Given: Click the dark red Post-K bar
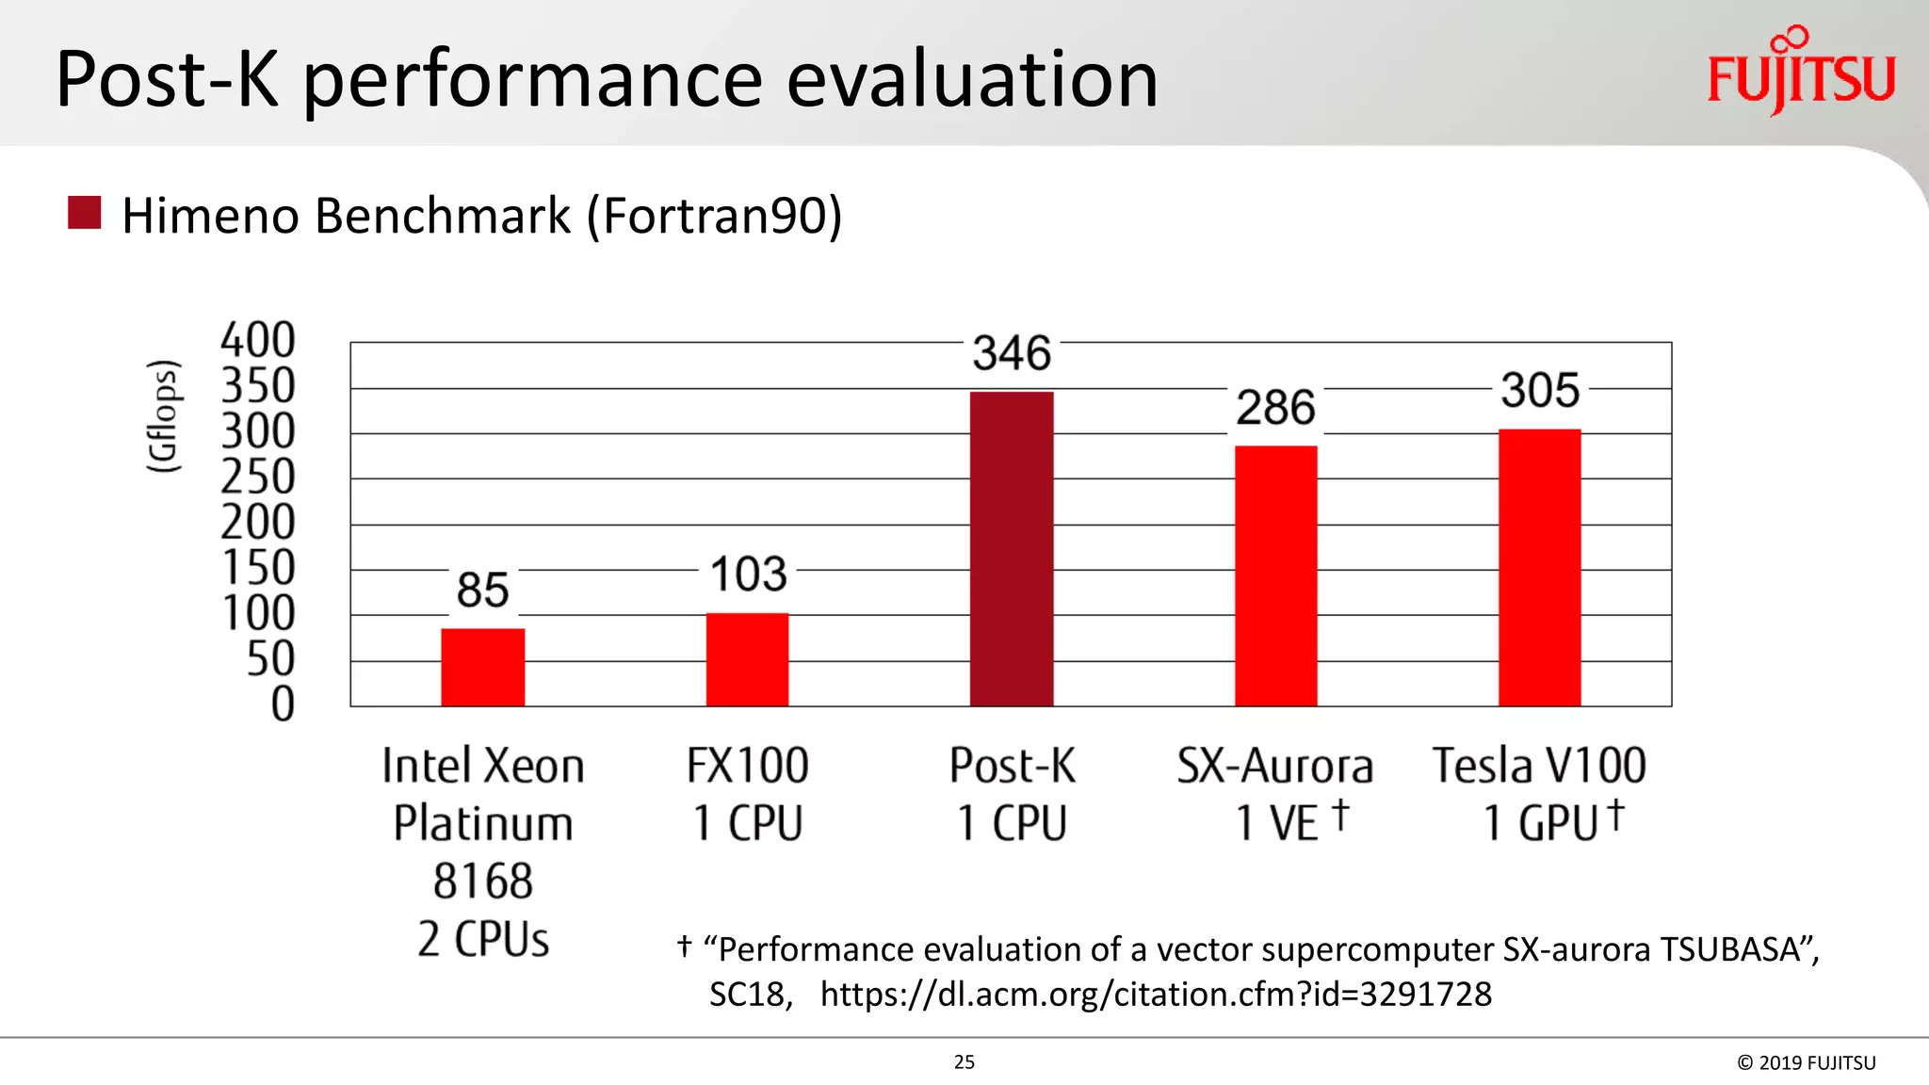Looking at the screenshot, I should click(x=1012, y=548).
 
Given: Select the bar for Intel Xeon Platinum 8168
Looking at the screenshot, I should click(x=482, y=667).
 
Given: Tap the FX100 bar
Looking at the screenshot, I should click(x=747, y=659).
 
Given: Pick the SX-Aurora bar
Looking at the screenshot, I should click(x=1275, y=575).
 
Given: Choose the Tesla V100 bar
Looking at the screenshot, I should click(x=1539, y=567).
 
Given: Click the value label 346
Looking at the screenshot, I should click(x=1012, y=353).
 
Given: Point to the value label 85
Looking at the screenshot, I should click(x=482, y=591).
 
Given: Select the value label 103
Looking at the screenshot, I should click(x=748, y=575).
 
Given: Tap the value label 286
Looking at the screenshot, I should click(x=1275, y=408).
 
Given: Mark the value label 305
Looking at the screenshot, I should click(x=1540, y=390).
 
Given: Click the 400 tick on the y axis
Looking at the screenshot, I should click(x=257, y=340).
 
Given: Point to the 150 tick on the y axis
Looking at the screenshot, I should click(x=258, y=568).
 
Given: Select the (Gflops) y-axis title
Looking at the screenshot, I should click(x=163, y=416).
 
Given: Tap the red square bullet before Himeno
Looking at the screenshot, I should click(x=85, y=213).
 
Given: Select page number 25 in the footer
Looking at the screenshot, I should click(x=964, y=1061).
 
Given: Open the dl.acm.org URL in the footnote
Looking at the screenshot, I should click(x=1156, y=994).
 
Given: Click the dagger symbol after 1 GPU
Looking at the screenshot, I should click(x=1615, y=815).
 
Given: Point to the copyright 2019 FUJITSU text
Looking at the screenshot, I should click(x=1806, y=1062).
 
